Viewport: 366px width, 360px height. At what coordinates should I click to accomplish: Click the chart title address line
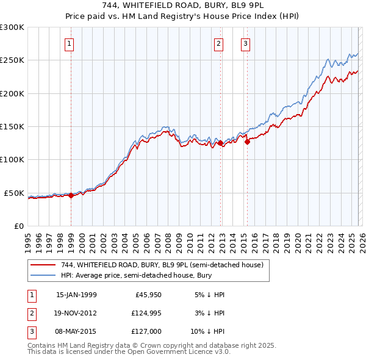click(x=183, y=5)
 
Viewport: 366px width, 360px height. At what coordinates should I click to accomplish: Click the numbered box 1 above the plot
click(x=70, y=43)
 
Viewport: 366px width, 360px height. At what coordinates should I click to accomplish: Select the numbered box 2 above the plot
click(x=218, y=43)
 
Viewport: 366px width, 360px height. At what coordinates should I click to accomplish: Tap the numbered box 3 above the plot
click(x=245, y=43)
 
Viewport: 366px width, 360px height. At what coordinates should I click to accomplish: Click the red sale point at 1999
click(x=71, y=195)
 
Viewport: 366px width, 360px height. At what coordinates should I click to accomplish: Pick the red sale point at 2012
click(x=220, y=143)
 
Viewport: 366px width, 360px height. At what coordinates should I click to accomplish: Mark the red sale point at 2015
click(x=247, y=142)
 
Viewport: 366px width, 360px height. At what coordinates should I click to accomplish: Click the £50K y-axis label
click(x=14, y=193)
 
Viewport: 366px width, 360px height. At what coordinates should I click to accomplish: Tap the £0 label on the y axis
click(x=18, y=226)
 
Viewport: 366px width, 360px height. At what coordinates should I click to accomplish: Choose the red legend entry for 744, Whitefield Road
click(x=162, y=265)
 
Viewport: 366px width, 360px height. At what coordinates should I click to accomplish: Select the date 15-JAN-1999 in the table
click(x=76, y=295)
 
